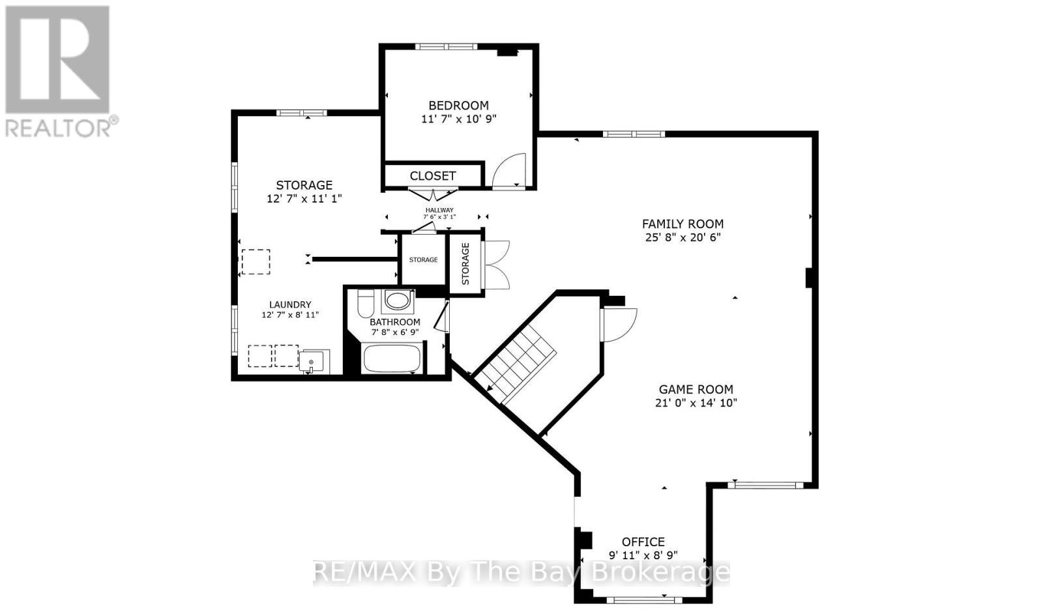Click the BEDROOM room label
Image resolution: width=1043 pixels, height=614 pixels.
pyautogui.click(x=458, y=105)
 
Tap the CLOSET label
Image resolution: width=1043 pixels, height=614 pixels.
pyautogui.click(x=433, y=175)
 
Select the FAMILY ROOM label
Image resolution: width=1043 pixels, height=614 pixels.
pyautogui.click(x=683, y=224)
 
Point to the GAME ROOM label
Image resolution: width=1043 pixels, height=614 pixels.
pyautogui.click(x=696, y=389)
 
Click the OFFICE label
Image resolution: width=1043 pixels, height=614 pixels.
pyautogui.click(x=643, y=542)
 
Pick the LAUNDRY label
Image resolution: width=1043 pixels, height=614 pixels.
pyautogui.click(x=290, y=304)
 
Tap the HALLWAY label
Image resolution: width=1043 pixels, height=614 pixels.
pyautogui.click(x=439, y=210)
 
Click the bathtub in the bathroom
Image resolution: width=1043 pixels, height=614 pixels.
pyautogui.click(x=391, y=359)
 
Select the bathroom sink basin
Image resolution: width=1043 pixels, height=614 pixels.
pyautogui.click(x=397, y=301)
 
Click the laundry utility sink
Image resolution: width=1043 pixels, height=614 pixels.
pyautogui.click(x=314, y=360)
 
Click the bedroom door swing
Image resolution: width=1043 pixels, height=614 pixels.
pyautogui.click(x=510, y=171)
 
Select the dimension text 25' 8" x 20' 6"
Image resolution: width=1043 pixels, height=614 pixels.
pyautogui.click(x=683, y=237)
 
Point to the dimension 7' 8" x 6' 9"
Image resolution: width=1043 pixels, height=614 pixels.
pyautogui.click(x=394, y=332)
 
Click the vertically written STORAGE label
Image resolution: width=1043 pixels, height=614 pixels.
pyautogui.click(x=465, y=263)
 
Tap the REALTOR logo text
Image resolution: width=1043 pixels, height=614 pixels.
pyautogui.click(x=62, y=127)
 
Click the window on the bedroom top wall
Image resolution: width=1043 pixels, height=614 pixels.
pyautogui.click(x=446, y=46)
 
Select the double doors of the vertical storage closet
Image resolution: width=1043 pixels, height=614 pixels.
pyautogui.click(x=497, y=264)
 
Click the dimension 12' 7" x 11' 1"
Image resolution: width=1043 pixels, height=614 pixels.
pyautogui.click(x=304, y=198)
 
